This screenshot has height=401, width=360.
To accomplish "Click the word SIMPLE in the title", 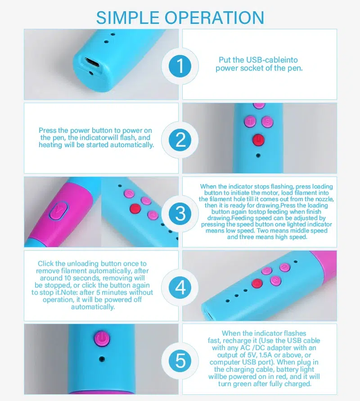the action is click(x=128, y=18).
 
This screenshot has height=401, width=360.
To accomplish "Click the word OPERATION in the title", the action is click(x=214, y=18).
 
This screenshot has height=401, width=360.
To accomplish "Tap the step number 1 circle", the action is click(x=180, y=66).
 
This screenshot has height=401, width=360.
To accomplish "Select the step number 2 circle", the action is click(x=180, y=140).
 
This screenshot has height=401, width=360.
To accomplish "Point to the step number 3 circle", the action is click(x=180, y=213).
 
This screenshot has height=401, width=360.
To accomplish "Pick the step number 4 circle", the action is click(x=180, y=287).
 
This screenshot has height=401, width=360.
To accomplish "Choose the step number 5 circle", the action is click(x=180, y=361).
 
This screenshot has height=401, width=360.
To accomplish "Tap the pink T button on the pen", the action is click(x=250, y=121).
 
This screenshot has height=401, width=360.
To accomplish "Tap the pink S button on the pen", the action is click(x=267, y=121).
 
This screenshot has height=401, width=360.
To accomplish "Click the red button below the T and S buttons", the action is click(x=258, y=140).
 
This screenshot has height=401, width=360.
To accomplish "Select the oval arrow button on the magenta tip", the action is click(x=59, y=211).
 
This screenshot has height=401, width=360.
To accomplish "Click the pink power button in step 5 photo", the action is click(x=102, y=339).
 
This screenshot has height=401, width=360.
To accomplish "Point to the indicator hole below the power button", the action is click(x=102, y=359).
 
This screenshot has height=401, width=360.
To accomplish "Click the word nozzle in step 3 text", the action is click(x=324, y=199).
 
